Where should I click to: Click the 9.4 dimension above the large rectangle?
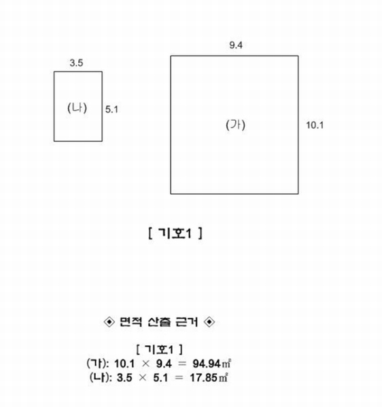coord(236,45)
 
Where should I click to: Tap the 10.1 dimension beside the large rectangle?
coord(315,125)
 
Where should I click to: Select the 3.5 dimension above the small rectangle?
coord(76,63)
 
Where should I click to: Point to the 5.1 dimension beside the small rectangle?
coord(111,109)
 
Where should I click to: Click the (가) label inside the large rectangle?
coord(235,125)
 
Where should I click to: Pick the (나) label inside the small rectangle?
coord(77,108)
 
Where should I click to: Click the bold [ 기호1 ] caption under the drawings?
coord(175,233)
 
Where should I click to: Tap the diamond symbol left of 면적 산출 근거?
coord(109,322)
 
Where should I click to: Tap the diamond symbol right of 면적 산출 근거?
coord(209,322)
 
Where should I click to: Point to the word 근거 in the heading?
coord(187,322)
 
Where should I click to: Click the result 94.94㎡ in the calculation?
coord(211,364)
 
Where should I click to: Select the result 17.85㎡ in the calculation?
coord(209,378)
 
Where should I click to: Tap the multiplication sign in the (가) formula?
coord(145,364)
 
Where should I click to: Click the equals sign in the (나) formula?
coord(179,378)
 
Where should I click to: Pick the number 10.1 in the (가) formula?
coord(124,364)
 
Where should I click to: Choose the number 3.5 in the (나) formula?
coord(124,378)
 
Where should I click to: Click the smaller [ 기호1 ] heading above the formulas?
coord(160,349)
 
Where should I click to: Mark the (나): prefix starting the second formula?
coord(101,378)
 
